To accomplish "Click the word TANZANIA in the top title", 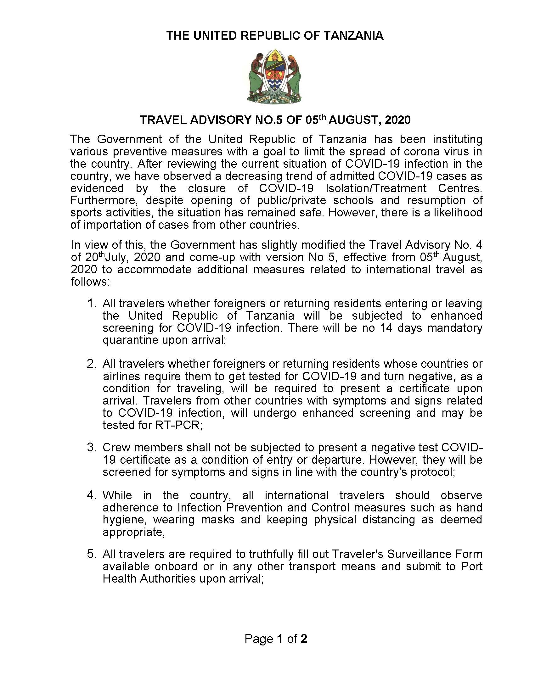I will [x=353, y=36].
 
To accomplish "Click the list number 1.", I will [x=91, y=304].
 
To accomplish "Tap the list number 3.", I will [x=91, y=447].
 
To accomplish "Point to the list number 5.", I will [x=91, y=554].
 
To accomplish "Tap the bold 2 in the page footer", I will [x=304, y=639].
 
